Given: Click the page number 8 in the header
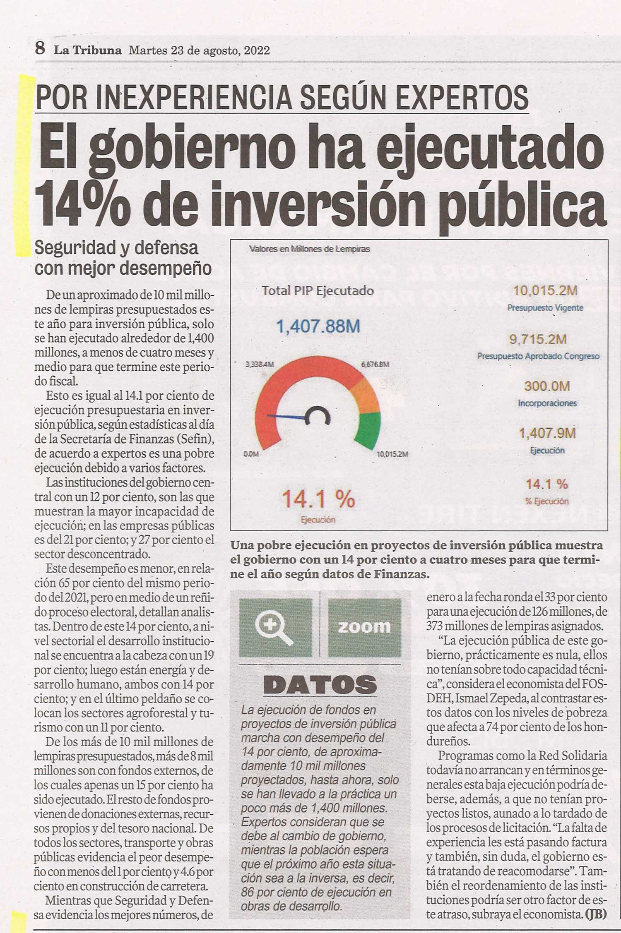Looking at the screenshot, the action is pyautogui.click(x=40, y=49).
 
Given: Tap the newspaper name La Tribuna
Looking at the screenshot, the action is pyautogui.click(x=88, y=50).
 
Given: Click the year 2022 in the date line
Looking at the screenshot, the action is pyautogui.click(x=257, y=50).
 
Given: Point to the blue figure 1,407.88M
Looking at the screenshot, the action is pyautogui.click(x=318, y=327).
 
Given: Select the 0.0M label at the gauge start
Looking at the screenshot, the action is pyautogui.click(x=251, y=454).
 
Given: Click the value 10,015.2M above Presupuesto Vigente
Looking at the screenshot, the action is pyautogui.click(x=545, y=290).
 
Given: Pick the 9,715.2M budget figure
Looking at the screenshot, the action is pyautogui.click(x=538, y=339).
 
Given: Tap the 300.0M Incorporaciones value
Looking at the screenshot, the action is pyautogui.click(x=547, y=386).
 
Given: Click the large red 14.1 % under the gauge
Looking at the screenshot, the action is pyautogui.click(x=318, y=499).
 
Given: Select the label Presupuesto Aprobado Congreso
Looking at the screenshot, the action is pyautogui.click(x=538, y=356).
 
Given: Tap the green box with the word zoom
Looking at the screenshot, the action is pyautogui.click(x=364, y=627).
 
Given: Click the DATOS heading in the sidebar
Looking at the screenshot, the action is pyautogui.click(x=320, y=685).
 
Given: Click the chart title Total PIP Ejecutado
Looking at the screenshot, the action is pyautogui.click(x=318, y=291).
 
